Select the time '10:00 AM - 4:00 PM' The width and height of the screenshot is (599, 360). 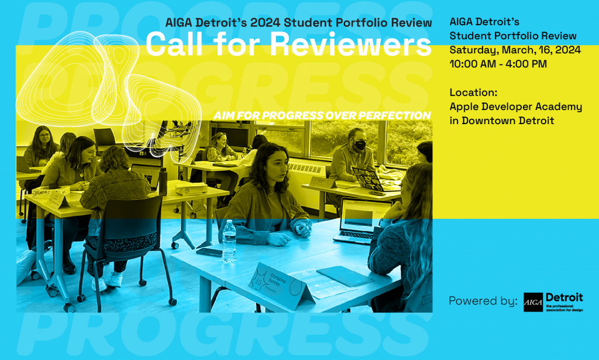coord(498,64)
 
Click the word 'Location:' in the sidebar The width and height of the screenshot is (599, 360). coord(473,92)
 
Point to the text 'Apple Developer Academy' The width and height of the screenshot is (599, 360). coord(515,107)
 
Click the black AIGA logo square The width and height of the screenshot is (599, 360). coord(533,302)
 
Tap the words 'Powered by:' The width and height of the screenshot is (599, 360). coord(483,301)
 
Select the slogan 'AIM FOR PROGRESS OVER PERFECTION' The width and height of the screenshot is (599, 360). coord(322,115)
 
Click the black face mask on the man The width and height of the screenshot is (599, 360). coord(359,145)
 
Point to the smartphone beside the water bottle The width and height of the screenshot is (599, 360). coord(209,252)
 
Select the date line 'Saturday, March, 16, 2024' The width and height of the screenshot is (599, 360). coord(515,50)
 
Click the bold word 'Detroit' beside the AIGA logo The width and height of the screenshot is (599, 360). coord(564,297)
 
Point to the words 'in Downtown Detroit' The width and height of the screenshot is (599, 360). coord(501,121)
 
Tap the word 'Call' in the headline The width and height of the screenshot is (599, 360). coord(171,44)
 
